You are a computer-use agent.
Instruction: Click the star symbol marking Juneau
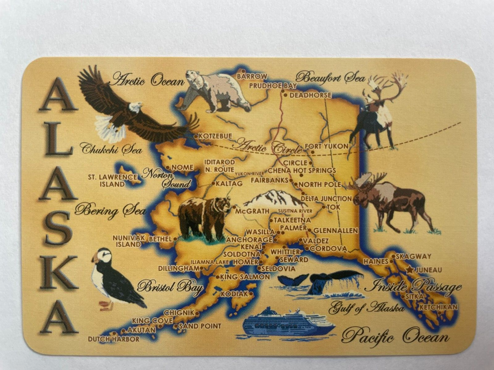(x=410, y=270)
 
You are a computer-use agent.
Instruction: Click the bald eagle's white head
(x=134, y=107)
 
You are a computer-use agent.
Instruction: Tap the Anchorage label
(x=249, y=240)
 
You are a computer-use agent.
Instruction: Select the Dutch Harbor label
(x=114, y=339)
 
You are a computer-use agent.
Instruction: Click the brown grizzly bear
(x=204, y=217)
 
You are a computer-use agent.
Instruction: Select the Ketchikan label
(x=438, y=307)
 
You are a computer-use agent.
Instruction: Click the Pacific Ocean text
(x=395, y=337)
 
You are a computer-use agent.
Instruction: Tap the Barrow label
(x=252, y=76)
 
